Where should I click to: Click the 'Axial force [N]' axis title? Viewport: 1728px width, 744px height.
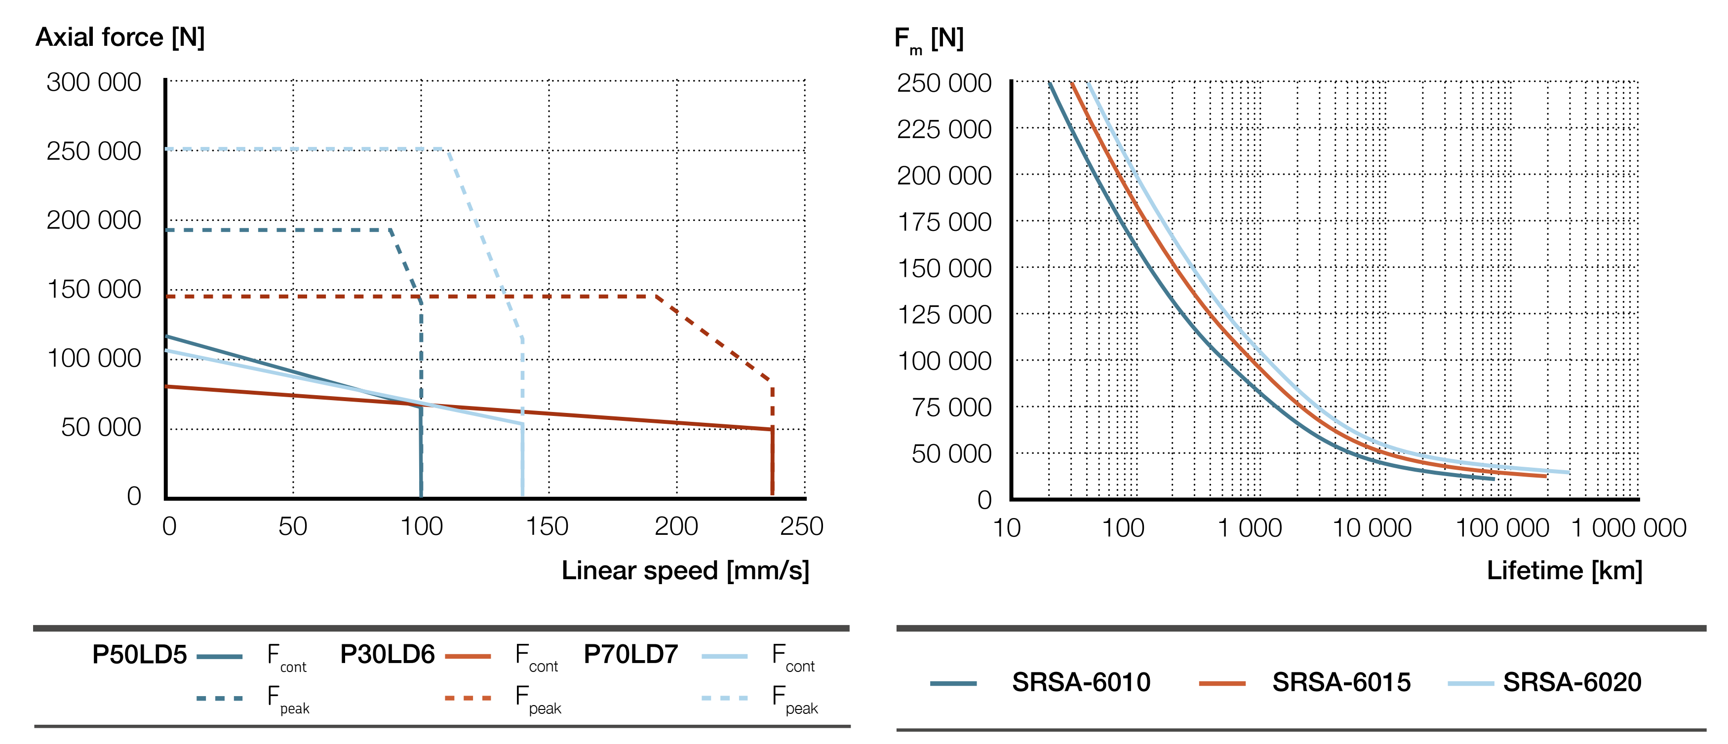point(119,37)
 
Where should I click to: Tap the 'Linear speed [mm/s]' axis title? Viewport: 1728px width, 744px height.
point(685,570)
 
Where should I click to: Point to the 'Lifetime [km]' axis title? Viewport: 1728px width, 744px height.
point(1564,570)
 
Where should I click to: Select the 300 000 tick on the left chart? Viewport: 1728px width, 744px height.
point(94,82)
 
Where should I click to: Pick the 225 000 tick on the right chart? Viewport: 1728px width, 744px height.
point(944,129)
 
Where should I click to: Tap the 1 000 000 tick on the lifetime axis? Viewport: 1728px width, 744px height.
point(1628,528)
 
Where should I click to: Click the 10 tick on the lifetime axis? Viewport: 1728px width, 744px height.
point(1006,528)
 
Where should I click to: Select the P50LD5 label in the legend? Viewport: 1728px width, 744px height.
point(140,654)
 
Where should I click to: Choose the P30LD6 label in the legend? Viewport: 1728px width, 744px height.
point(387,654)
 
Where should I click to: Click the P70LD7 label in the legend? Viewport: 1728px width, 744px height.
point(630,654)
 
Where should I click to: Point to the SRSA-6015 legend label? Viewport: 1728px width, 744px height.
point(1341,682)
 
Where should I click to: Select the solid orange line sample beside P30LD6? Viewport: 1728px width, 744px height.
point(468,656)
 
